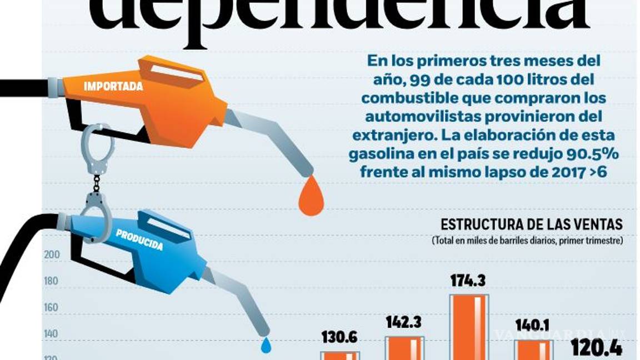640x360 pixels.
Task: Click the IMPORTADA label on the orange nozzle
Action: (x=113, y=87)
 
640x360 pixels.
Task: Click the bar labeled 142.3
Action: (x=405, y=348)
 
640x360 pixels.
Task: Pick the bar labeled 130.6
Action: (x=339, y=355)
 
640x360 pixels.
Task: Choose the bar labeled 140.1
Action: (x=533, y=349)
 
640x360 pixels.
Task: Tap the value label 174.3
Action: (x=468, y=281)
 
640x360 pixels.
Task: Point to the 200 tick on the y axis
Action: (x=51, y=255)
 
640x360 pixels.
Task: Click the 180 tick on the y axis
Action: (x=51, y=281)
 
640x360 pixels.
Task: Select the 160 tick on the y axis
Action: (x=51, y=308)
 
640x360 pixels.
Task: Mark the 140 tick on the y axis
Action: (x=51, y=334)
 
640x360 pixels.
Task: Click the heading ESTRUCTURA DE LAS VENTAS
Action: (x=531, y=224)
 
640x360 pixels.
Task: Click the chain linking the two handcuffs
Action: (x=97, y=183)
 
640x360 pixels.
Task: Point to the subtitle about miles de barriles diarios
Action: (x=534, y=242)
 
